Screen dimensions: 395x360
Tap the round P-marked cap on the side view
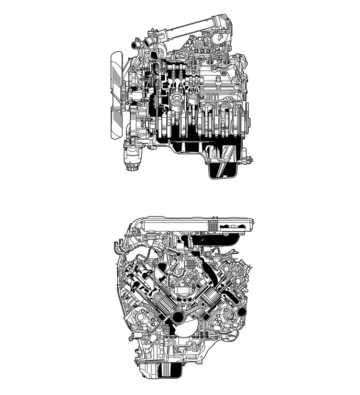pos(220,37)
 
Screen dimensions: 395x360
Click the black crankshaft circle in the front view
pos(178,317)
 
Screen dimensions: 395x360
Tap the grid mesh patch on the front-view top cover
pos(212,227)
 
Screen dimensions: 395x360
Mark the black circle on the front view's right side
pos(241,312)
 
